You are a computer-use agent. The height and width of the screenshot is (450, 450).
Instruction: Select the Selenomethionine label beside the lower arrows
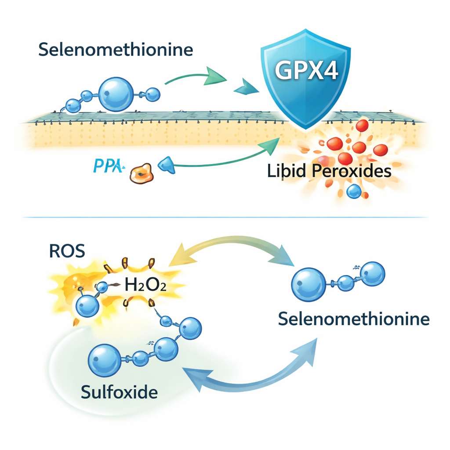[354, 319]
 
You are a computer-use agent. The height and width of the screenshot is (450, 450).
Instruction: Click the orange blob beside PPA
[141, 173]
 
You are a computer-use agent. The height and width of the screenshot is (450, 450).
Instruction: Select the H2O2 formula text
[145, 286]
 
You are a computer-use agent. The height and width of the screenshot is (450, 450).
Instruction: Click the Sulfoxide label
[119, 392]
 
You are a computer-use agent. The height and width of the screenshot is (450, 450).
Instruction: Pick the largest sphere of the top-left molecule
[116, 94]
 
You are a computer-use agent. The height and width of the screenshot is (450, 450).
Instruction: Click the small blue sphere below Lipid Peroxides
[354, 191]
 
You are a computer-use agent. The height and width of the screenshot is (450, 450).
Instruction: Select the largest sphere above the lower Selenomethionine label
[308, 284]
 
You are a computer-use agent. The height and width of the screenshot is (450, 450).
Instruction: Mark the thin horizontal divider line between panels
[225, 217]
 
